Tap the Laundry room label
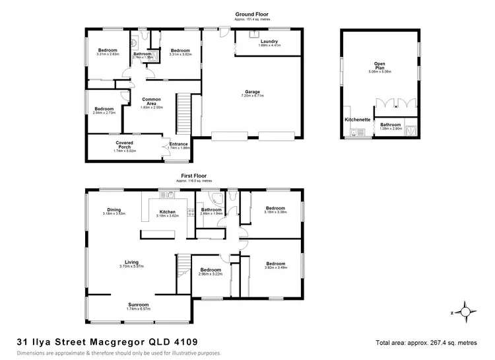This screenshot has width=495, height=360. (x=269, y=42)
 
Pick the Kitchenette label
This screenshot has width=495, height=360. (x=357, y=120)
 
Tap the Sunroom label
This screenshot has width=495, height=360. (x=138, y=304)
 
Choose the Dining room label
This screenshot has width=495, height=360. (x=114, y=208)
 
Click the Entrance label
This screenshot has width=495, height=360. (x=179, y=144)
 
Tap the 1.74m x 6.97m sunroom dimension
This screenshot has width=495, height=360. (x=138, y=308)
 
